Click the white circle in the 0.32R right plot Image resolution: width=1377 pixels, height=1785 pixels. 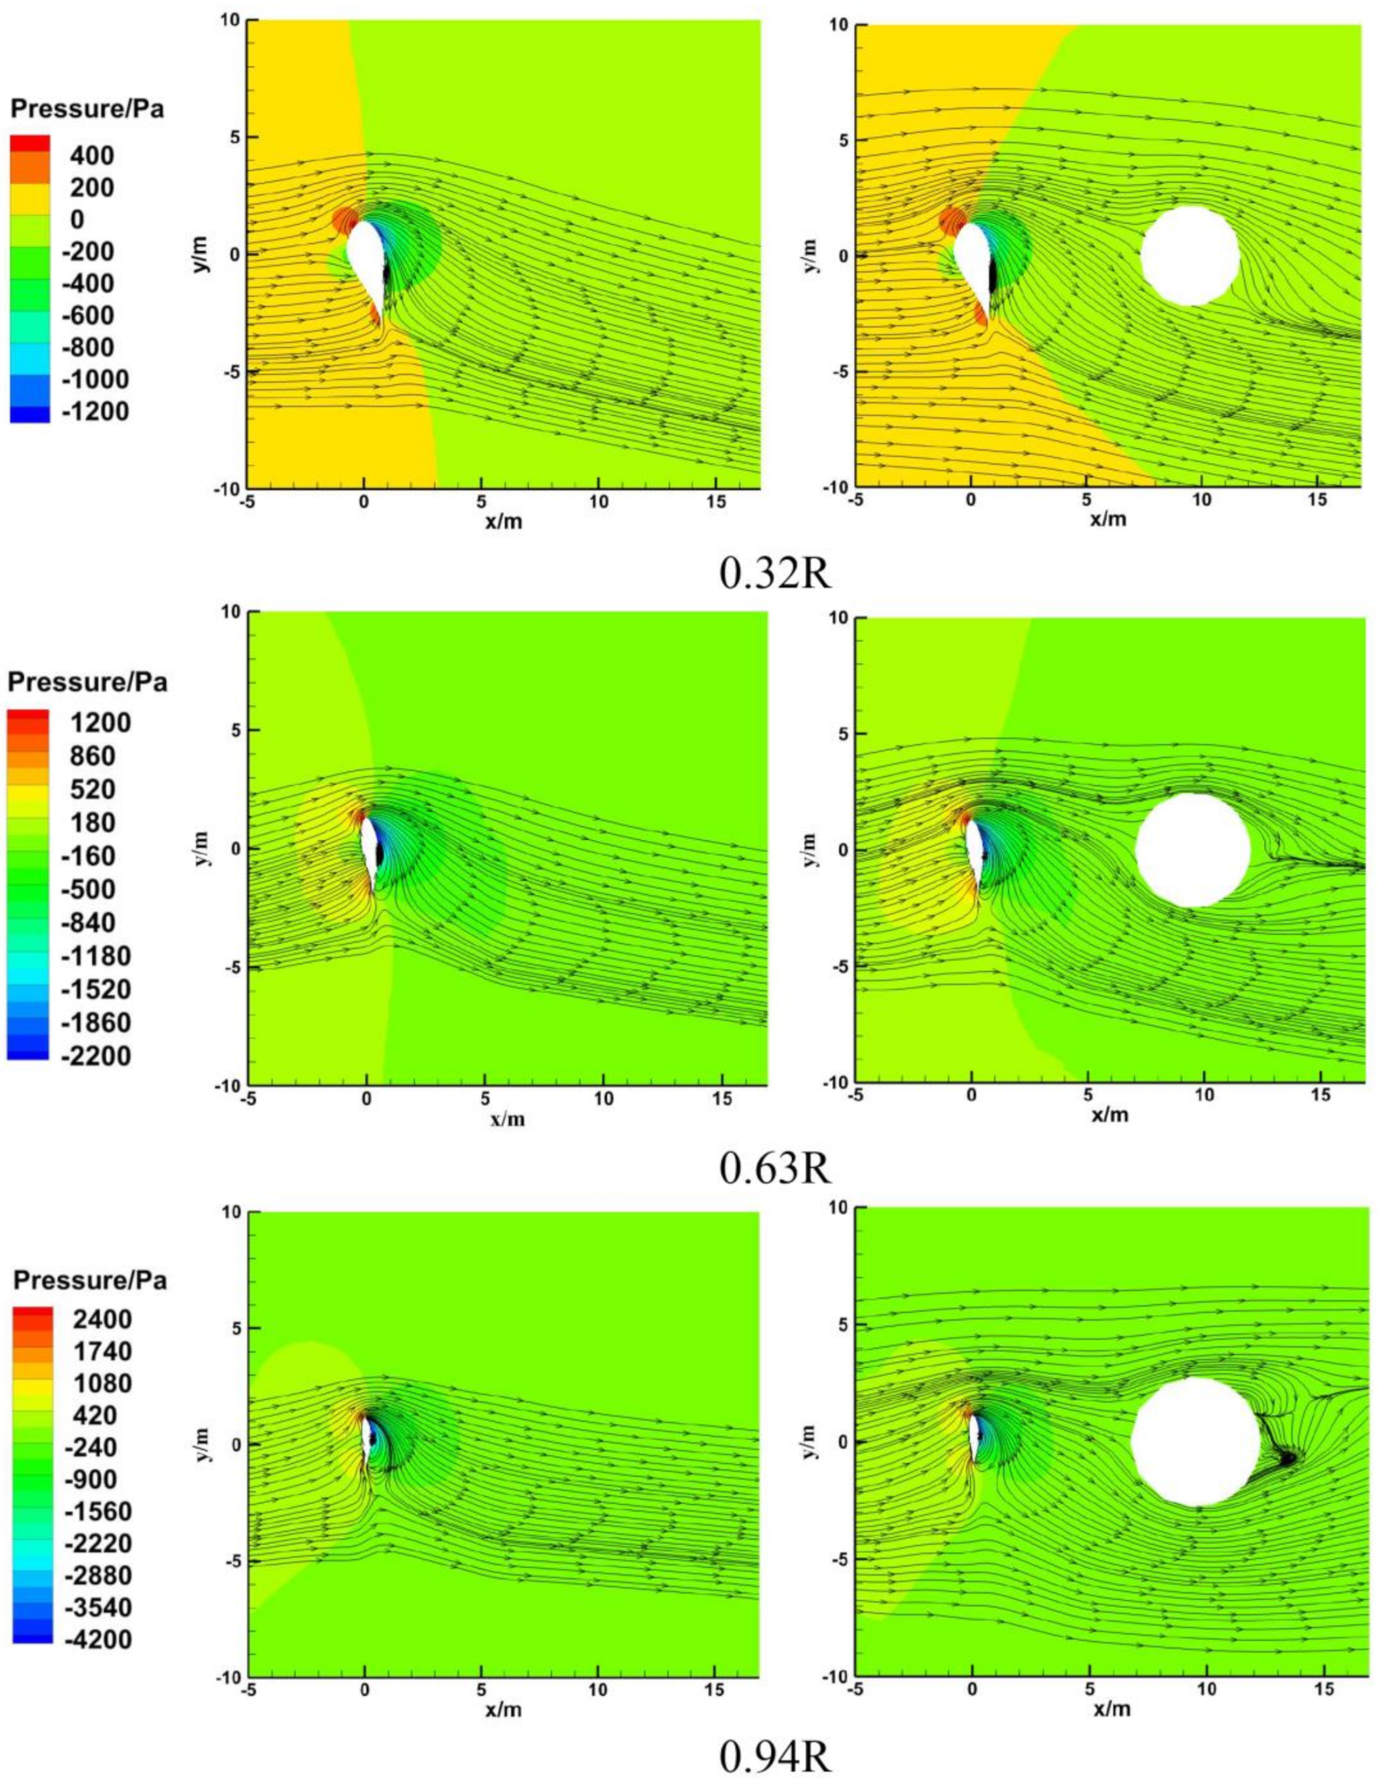point(1189,256)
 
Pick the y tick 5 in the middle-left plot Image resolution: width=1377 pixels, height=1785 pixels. point(231,730)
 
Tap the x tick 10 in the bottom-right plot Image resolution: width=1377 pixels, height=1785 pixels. point(1206,1688)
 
